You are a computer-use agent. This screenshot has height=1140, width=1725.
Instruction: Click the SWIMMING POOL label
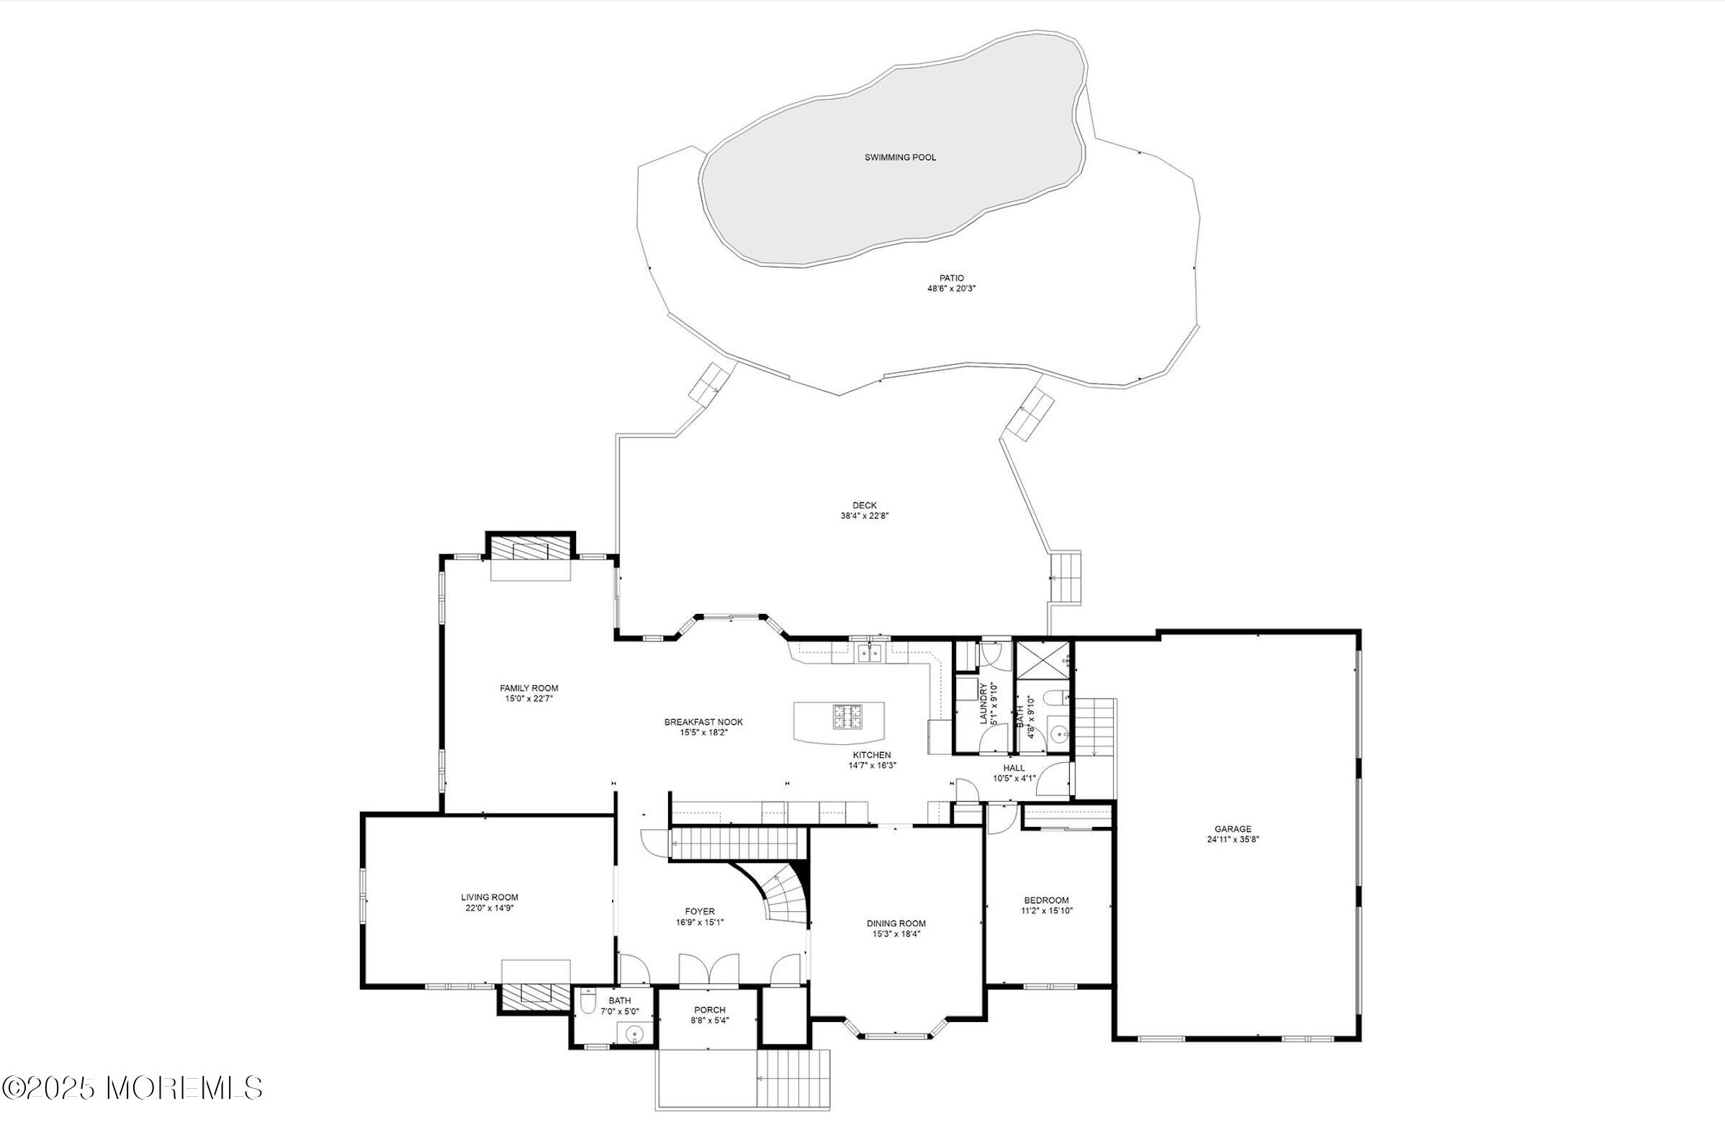pyautogui.click(x=900, y=157)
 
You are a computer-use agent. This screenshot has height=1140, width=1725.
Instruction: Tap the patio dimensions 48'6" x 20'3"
pyautogui.click(x=951, y=289)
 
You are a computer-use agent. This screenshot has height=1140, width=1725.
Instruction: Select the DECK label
pyautogui.click(x=865, y=505)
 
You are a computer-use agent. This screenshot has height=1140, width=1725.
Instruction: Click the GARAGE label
pyautogui.click(x=1233, y=829)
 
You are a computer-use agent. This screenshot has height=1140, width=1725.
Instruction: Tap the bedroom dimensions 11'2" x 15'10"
pyautogui.click(x=1047, y=910)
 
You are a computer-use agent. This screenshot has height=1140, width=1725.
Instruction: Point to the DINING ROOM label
pyautogui.click(x=896, y=923)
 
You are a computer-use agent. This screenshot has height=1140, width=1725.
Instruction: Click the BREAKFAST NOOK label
pyautogui.click(x=703, y=722)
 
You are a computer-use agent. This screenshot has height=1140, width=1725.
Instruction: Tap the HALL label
pyautogui.click(x=1014, y=768)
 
